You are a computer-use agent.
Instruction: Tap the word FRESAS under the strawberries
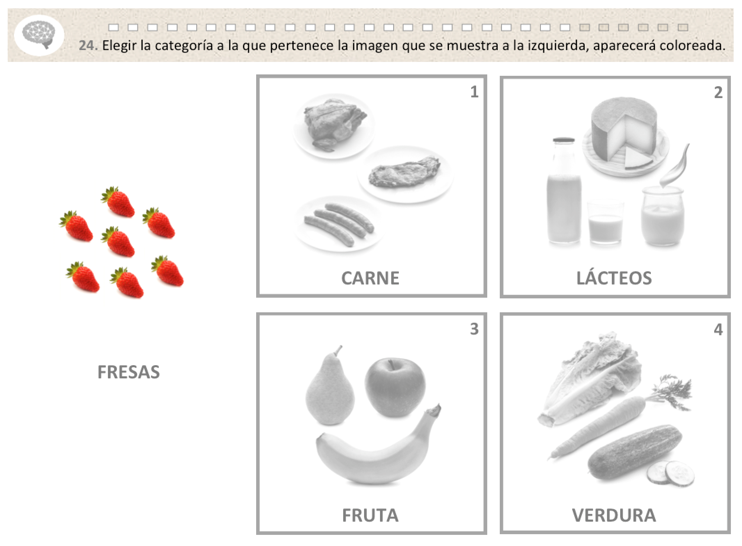pos(128,372)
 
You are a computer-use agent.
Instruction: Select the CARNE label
pos(370,278)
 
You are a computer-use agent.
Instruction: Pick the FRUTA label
pos(370,515)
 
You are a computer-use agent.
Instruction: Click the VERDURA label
pos(614,515)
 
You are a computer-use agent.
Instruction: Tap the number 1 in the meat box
pos(474,92)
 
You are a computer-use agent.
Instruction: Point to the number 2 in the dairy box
pos(718,93)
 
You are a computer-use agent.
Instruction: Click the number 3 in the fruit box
pos(474,329)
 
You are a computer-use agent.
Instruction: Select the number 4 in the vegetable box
pos(718,329)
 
